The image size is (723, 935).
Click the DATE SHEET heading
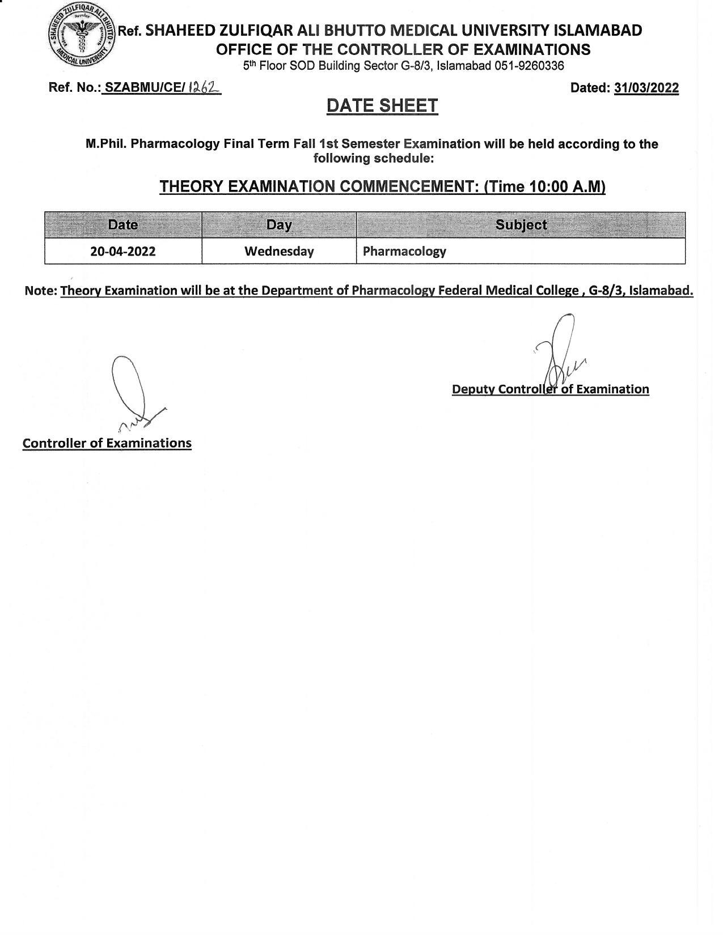[382, 105]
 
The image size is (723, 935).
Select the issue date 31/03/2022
[646, 88]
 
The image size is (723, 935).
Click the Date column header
[123, 224]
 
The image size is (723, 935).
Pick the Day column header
[279, 224]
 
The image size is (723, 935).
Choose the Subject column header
[521, 224]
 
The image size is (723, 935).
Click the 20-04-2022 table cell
[123, 251]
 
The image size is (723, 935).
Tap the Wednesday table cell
[279, 251]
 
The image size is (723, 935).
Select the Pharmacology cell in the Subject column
[404, 251]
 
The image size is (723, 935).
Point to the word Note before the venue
[40, 291]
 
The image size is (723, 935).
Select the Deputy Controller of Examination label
[550, 389]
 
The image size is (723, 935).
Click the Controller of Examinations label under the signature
[107, 443]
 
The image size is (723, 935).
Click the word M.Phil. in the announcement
[106, 144]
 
